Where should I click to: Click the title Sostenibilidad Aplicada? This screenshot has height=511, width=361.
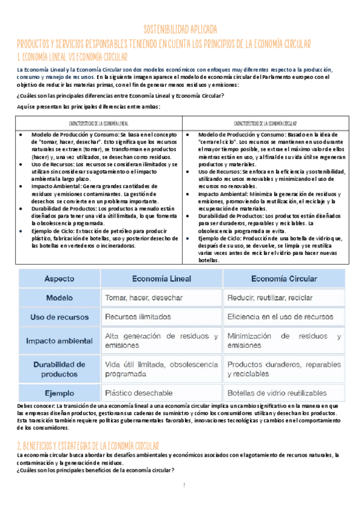click(x=180, y=30)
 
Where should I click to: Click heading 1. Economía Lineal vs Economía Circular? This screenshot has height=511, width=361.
click(x=72, y=57)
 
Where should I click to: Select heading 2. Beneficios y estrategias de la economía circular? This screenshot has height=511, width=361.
click(x=87, y=445)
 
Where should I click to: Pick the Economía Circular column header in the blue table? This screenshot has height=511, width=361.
click(x=284, y=279)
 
